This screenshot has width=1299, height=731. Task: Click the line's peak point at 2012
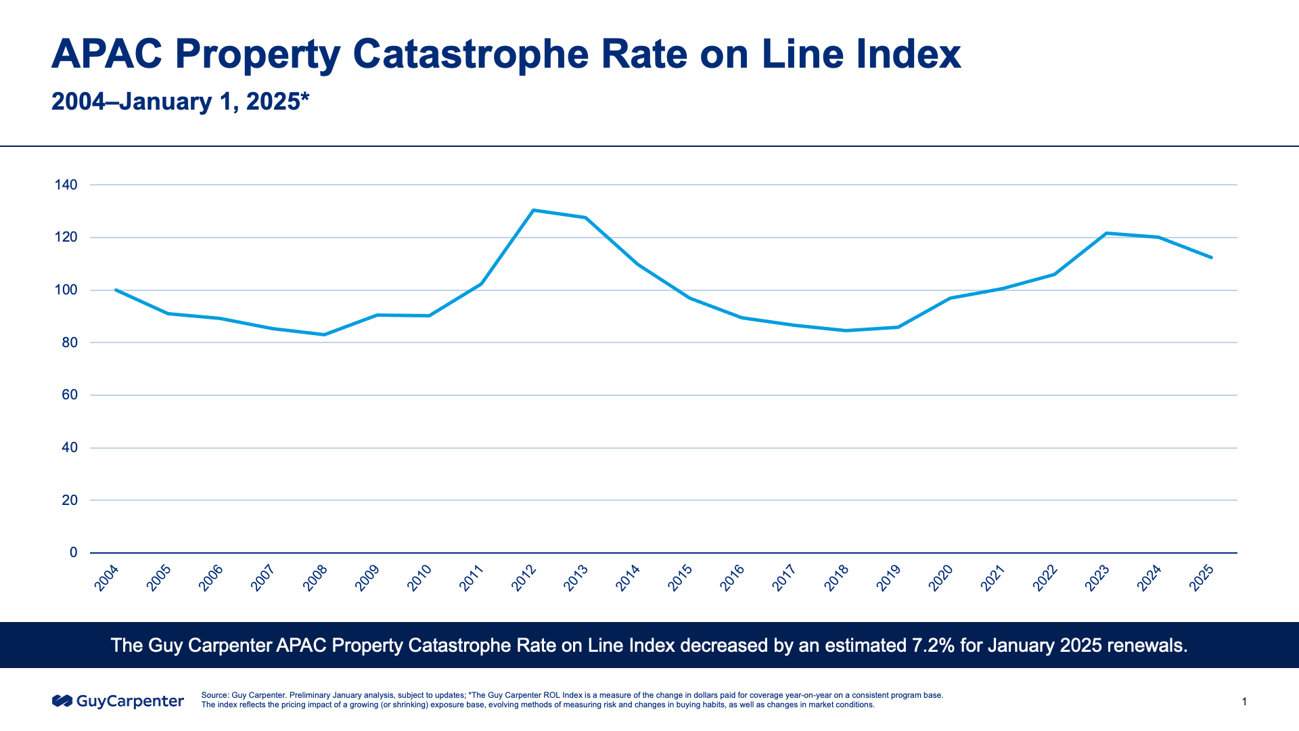pos(533,211)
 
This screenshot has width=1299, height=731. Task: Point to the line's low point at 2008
pos(324,334)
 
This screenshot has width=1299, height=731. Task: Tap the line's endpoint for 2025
pos(1211,257)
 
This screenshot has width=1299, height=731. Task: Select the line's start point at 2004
pos(116,290)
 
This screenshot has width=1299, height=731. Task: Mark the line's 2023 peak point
pos(1106,234)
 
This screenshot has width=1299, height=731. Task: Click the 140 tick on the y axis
pos(66,185)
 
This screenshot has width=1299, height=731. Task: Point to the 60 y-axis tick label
pos(70,395)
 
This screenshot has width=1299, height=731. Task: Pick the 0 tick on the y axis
pos(74,553)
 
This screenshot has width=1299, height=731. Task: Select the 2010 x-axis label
pos(419,578)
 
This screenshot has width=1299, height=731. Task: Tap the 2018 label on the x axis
pos(837,578)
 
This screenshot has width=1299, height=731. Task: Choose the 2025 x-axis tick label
pos(1202,578)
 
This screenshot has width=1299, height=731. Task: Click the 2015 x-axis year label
pos(680,578)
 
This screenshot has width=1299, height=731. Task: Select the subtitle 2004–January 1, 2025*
pos(180,102)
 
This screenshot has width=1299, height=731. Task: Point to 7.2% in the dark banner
pos(933,645)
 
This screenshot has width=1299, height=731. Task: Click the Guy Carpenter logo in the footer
pos(118,701)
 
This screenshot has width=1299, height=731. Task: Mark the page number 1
pos(1244,702)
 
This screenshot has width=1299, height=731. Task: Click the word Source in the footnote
pos(214,695)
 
